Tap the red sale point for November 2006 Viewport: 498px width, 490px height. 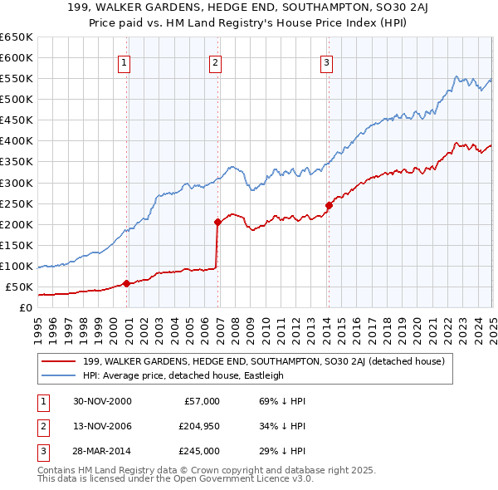point(217,222)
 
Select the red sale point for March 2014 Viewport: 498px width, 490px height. point(329,205)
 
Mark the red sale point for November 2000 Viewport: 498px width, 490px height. point(127,283)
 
